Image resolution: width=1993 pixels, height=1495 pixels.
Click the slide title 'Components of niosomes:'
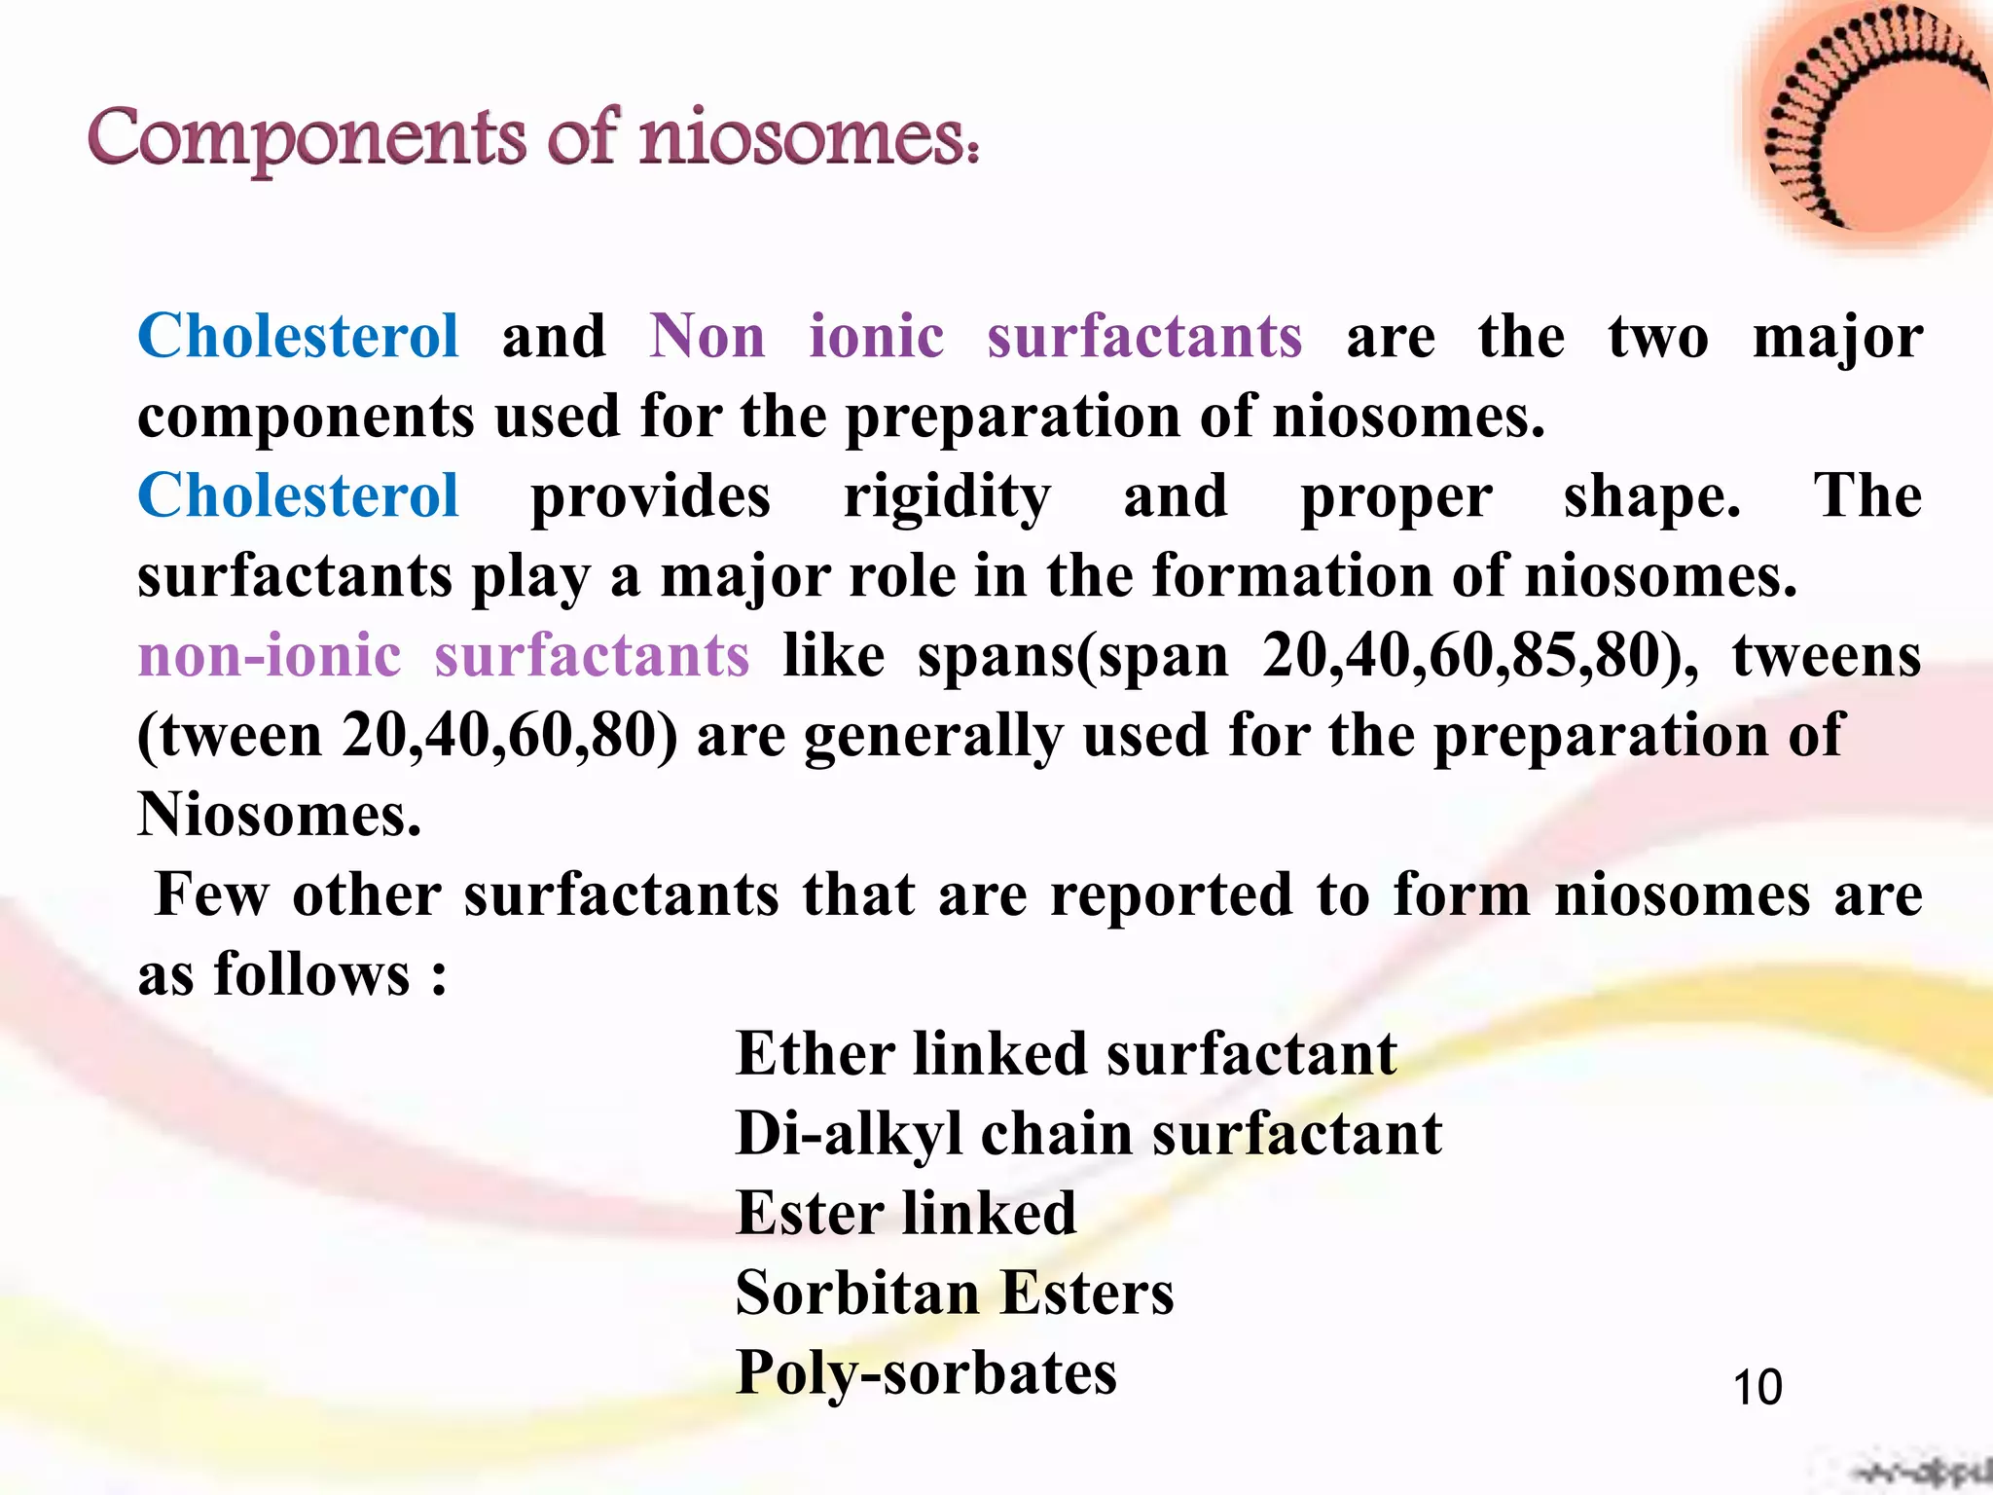point(533,138)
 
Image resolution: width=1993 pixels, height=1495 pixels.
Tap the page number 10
point(1757,1387)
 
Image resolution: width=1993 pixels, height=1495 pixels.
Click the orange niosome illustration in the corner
point(1873,122)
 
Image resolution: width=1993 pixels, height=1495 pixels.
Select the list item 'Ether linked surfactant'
point(1066,1054)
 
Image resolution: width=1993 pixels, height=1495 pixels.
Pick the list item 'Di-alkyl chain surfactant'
point(1088,1134)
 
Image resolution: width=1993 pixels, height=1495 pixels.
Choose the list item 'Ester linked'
point(906,1214)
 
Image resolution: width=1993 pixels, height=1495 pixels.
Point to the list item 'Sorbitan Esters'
point(955,1294)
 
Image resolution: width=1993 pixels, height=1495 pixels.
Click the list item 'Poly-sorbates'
point(926,1373)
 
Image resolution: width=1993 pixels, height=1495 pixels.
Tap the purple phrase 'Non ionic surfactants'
point(975,337)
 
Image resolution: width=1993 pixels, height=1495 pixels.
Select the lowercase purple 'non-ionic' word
point(270,655)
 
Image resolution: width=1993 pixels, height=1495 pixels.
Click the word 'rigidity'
point(947,496)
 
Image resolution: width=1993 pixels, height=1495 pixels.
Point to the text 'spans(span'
point(1073,655)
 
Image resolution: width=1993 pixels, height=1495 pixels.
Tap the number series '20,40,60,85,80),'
point(1480,655)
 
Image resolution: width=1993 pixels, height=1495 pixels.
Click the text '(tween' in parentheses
point(230,735)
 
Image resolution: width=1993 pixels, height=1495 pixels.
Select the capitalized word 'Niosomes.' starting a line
point(279,815)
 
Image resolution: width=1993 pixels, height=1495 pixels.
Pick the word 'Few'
point(211,894)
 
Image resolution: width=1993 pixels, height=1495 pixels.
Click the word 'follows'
point(311,974)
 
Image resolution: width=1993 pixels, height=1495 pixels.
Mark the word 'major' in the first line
point(1837,337)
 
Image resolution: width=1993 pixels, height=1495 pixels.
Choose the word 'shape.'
point(1652,496)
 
